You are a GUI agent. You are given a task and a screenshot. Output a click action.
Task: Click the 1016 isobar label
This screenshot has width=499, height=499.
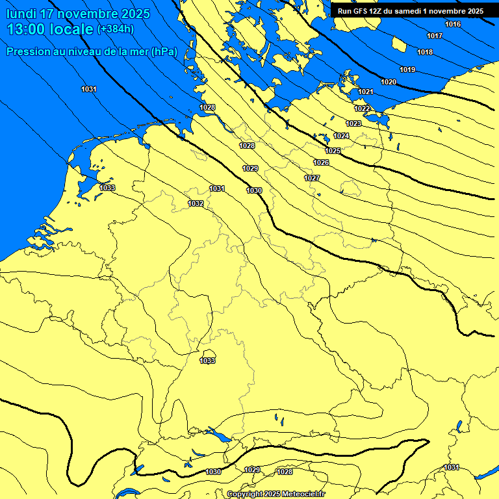[453, 24]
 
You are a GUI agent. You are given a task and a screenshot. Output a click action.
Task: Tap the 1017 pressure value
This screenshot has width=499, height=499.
[435, 36]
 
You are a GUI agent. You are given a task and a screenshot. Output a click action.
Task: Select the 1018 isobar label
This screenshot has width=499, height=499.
[425, 52]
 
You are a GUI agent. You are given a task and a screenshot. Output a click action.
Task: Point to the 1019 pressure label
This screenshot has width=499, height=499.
[407, 70]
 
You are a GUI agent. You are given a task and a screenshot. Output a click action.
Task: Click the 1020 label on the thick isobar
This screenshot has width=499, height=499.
[389, 82]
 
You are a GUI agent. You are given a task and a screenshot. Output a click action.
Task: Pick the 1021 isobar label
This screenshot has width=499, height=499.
[366, 92]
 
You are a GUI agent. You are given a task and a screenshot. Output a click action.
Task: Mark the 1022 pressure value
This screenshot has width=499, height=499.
[363, 109]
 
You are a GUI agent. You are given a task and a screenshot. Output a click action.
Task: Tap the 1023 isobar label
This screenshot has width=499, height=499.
[353, 123]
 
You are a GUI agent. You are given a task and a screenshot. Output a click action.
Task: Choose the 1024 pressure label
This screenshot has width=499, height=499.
[341, 136]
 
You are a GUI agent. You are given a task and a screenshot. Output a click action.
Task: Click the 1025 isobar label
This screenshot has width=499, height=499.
[333, 151]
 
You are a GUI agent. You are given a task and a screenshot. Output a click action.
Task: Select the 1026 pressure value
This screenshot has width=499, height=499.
[321, 162]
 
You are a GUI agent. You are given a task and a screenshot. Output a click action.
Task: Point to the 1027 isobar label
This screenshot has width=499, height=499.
[312, 178]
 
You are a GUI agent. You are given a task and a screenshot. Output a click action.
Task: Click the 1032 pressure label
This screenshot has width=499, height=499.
[196, 203]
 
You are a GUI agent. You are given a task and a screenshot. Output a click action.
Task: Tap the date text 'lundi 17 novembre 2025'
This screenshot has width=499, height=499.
[78, 14]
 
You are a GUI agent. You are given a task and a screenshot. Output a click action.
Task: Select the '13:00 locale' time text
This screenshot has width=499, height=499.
[50, 29]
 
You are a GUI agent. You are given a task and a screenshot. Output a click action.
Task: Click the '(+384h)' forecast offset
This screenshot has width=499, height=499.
[116, 29]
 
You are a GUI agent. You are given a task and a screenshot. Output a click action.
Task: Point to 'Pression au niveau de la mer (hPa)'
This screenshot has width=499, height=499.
[92, 51]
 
